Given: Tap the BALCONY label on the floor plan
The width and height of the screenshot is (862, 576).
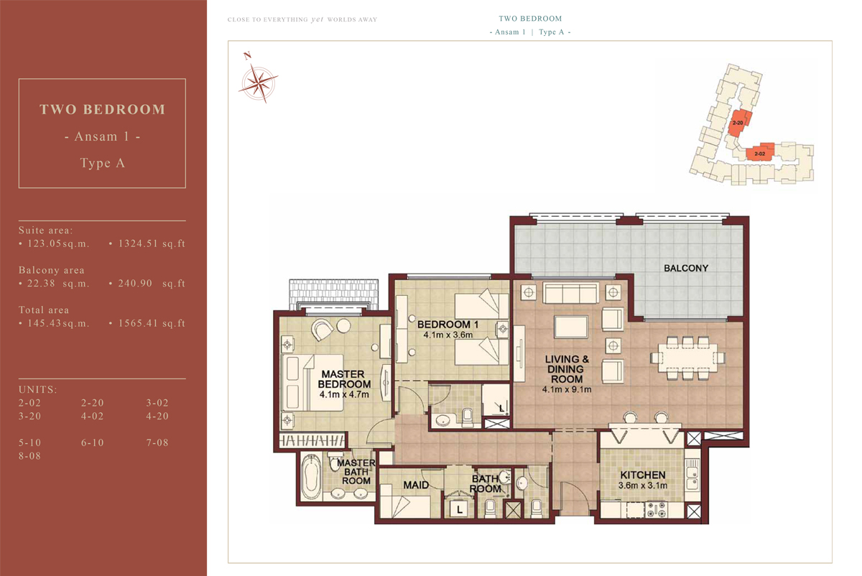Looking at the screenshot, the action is tap(686, 268).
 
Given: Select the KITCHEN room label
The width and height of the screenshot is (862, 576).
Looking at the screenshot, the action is tap(643, 475).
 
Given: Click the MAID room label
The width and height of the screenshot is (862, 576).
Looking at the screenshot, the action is tap(416, 486).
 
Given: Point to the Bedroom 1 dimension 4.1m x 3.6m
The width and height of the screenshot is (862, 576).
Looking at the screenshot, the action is tap(448, 335).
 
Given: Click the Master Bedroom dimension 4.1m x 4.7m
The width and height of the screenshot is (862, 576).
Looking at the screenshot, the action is tap(344, 394).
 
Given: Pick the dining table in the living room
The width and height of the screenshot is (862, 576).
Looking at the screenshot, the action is tap(687, 358).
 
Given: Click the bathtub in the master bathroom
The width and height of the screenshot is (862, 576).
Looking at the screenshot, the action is tap(311, 476).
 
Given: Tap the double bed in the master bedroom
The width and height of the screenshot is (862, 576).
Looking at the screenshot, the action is tap(312, 383).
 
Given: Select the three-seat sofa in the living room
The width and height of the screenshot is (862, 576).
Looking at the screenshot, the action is tap(570, 293).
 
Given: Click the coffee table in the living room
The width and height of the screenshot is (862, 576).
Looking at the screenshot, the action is tap(571, 327).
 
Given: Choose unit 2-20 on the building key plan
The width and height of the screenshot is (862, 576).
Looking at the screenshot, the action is tap(738, 123).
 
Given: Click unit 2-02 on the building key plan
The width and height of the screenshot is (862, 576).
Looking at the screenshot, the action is tap(760, 154).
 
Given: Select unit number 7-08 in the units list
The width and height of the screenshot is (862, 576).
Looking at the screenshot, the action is tap(157, 442).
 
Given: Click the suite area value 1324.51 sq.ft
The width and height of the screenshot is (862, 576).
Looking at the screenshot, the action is tap(152, 243).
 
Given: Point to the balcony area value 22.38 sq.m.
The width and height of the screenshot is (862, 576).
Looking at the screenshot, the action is tap(57, 284).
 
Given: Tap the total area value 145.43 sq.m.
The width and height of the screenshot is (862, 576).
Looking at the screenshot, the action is tap(57, 323).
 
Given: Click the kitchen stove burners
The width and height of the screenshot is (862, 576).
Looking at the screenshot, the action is tap(656, 509).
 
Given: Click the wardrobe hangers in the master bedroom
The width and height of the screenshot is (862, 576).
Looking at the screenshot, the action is tap(312, 440).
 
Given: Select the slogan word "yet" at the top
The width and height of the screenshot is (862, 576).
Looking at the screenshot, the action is tap(317, 19).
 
